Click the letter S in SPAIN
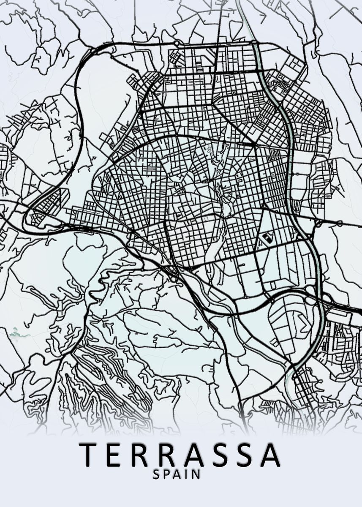156,474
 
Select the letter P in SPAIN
166,474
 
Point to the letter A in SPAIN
177,474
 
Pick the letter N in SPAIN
196,474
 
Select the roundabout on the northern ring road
177,43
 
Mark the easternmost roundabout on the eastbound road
339,223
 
